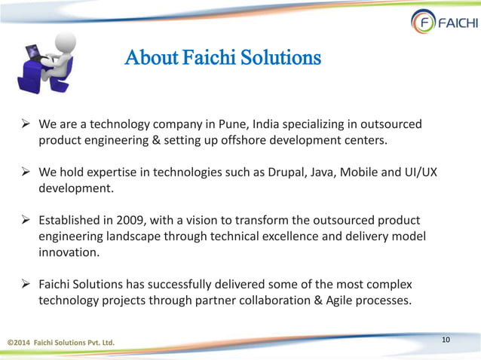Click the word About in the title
point(149,57)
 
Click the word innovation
point(69,254)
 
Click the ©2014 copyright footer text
point(61,344)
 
